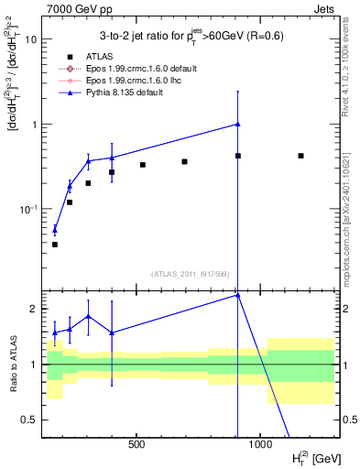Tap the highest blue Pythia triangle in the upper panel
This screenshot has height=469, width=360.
(x=237, y=124)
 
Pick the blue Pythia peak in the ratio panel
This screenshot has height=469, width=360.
(x=237, y=294)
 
